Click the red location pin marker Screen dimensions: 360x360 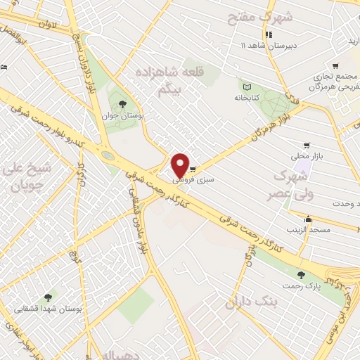181,165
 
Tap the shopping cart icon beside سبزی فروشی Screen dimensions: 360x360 193,169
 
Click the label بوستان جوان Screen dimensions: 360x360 116,115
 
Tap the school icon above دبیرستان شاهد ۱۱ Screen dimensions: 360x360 268,34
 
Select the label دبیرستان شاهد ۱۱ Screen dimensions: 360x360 263,45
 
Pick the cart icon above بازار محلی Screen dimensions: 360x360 307,146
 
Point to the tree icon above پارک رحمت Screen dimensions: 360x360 301,275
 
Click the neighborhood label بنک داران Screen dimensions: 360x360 252,303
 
